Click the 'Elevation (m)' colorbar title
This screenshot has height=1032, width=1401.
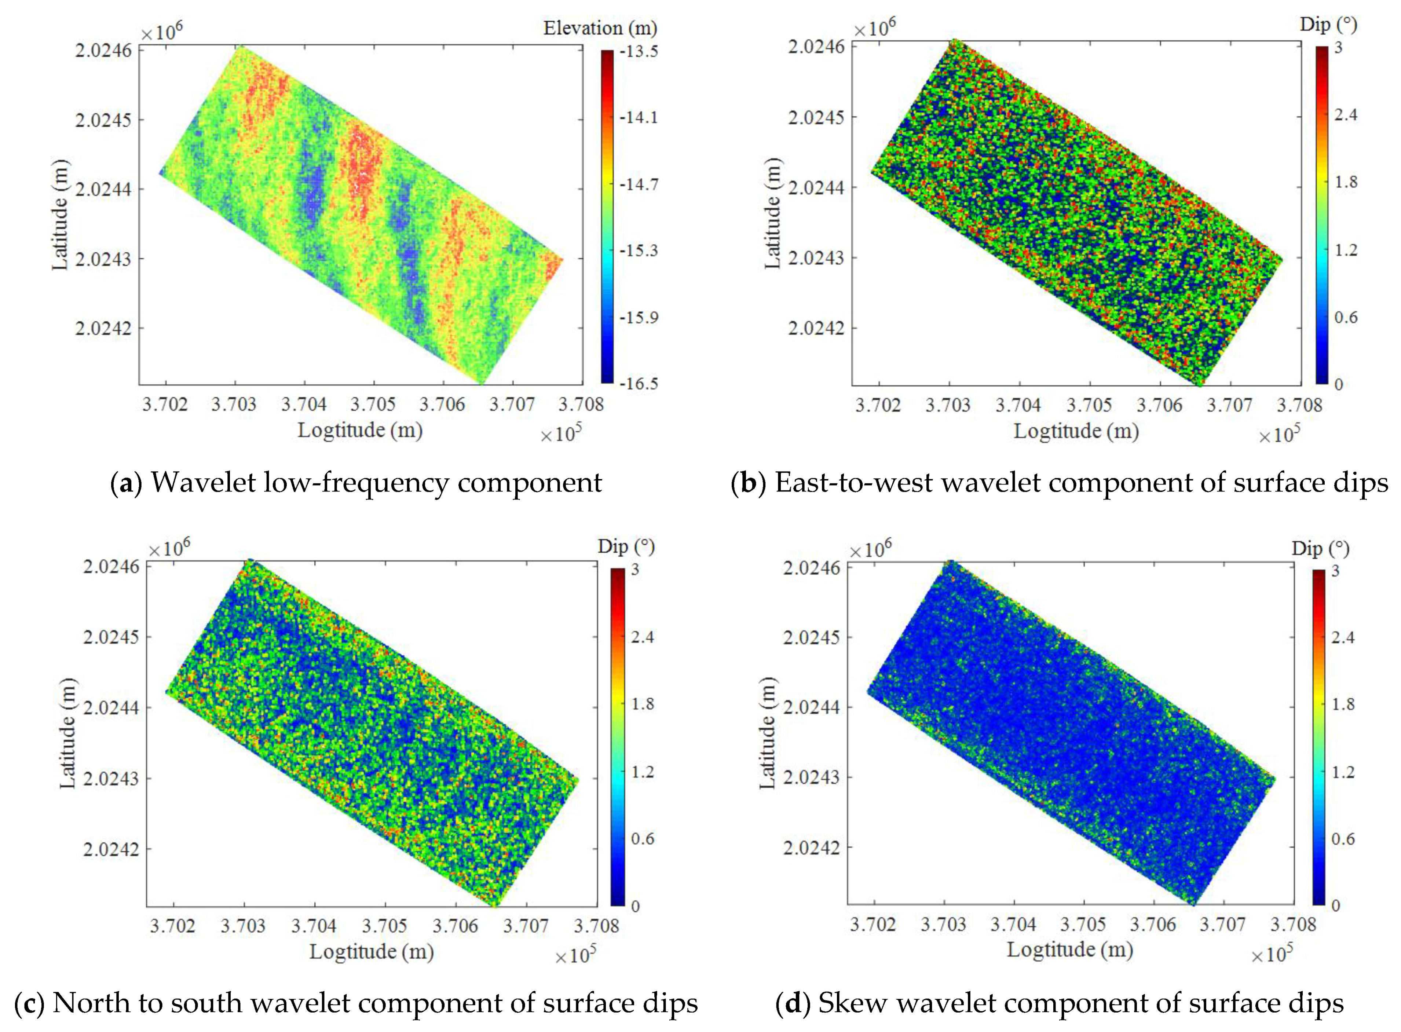click(600, 28)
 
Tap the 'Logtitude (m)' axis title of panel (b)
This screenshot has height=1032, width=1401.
click(1076, 431)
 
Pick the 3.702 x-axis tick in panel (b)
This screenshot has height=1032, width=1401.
click(878, 406)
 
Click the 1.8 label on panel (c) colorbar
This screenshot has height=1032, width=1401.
click(643, 704)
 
